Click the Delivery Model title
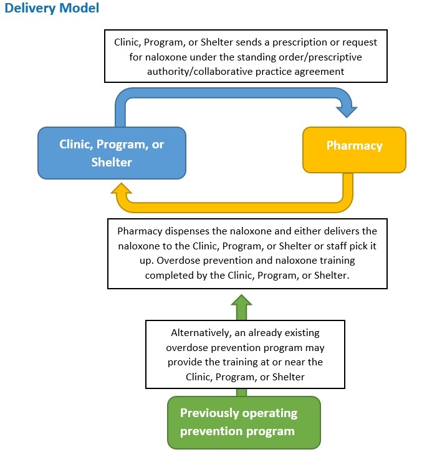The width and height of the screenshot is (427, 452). [x=52, y=8]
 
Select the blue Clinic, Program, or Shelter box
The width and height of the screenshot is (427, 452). [x=112, y=153]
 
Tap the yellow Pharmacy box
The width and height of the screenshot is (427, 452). [x=354, y=150]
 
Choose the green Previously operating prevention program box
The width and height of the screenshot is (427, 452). [x=244, y=422]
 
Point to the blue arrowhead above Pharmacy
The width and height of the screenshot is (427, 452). [x=347, y=111]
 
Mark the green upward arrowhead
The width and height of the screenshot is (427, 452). [x=242, y=300]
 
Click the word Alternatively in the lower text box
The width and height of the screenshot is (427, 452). [x=201, y=333]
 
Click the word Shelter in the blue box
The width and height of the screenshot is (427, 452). [x=112, y=162]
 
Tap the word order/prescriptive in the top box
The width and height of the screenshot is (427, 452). [x=320, y=57]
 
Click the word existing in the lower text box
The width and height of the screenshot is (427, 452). [x=302, y=333]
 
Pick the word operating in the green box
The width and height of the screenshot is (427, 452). [x=270, y=413]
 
